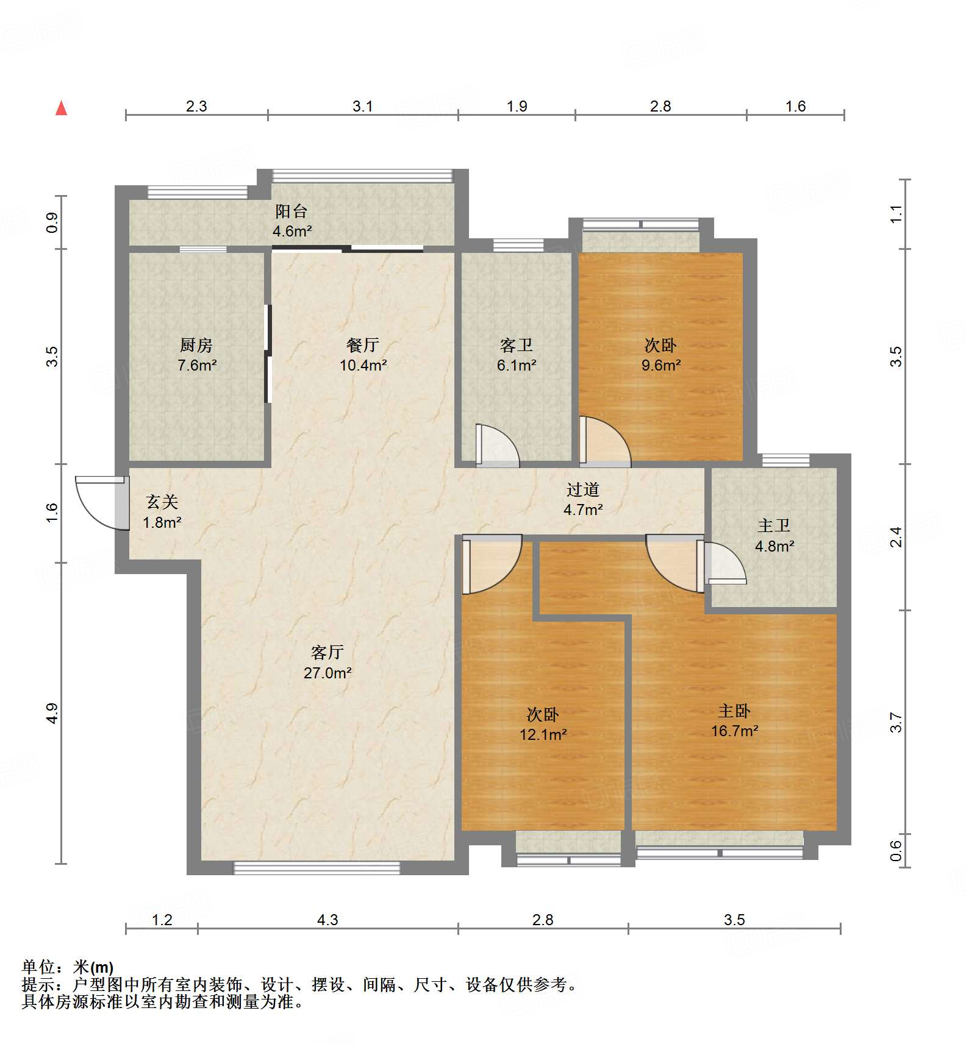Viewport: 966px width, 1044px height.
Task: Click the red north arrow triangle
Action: click(61, 108)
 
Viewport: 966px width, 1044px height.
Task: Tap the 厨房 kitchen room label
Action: click(196, 346)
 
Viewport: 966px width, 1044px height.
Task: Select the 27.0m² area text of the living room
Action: click(327, 673)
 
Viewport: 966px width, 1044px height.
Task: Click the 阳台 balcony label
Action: click(292, 211)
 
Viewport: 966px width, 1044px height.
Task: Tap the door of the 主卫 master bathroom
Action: click(724, 563)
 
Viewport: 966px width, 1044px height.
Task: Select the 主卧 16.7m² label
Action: click(734, 720)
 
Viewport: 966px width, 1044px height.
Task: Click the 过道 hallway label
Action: click(582, 489)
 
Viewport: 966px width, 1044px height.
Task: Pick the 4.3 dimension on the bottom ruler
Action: click(327, 920)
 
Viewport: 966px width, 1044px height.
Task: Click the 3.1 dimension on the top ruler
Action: click(362, 107)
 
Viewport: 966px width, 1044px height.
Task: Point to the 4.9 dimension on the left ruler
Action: click(52, 713)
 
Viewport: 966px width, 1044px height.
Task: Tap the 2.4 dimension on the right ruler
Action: click(895, 537)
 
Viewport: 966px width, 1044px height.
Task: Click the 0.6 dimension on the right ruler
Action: click(895, 850)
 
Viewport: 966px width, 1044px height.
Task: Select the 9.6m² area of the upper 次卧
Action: click(661, 365)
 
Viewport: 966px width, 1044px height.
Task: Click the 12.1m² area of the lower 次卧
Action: click(543, 734)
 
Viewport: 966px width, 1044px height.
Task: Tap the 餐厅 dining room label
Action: click(363, 346)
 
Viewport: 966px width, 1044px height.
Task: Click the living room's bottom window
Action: click(317, 867)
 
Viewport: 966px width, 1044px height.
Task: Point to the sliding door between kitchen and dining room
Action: click(267, 353)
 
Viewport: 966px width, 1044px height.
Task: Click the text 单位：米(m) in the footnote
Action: click(68, 967)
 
